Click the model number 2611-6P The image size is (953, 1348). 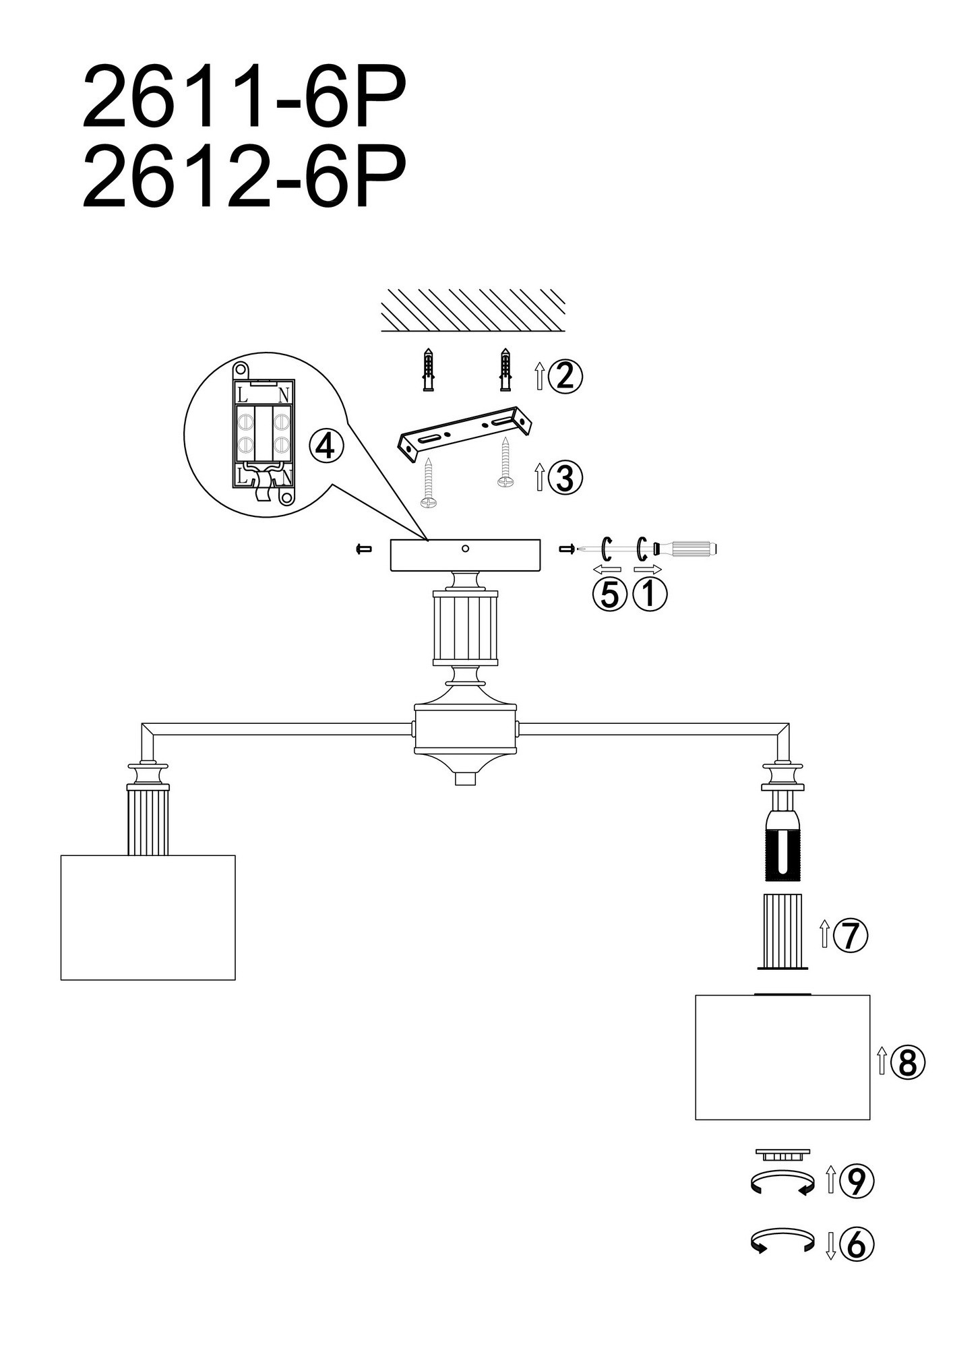(245, 97)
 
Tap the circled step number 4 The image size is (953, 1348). (326, 446)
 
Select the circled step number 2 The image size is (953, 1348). (565, 375)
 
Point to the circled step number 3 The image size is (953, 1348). (565, 477)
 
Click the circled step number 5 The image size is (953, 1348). (609, 594)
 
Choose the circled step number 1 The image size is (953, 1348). (650, 594)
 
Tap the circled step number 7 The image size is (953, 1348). (851, 935)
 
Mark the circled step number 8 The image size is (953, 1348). (907, 1063)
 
